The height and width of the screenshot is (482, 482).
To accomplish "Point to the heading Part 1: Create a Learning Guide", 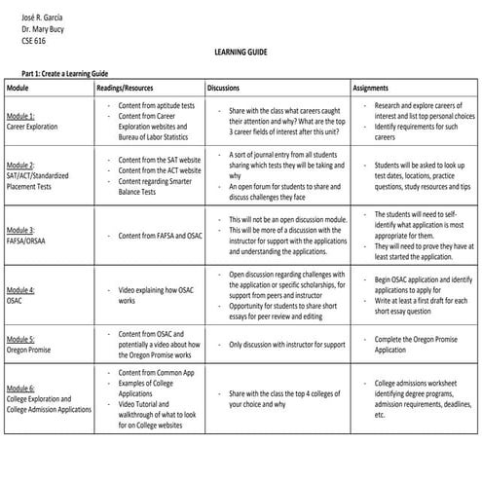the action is coord(64,73).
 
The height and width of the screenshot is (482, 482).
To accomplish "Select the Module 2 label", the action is coord(20,166).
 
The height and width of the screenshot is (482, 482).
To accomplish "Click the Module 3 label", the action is coord(20,230).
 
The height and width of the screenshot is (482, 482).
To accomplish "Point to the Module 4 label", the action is coord(20,290).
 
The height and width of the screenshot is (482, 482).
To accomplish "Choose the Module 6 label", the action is coord(20,389).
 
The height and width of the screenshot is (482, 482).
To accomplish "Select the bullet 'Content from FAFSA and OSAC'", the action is coord(161,235).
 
